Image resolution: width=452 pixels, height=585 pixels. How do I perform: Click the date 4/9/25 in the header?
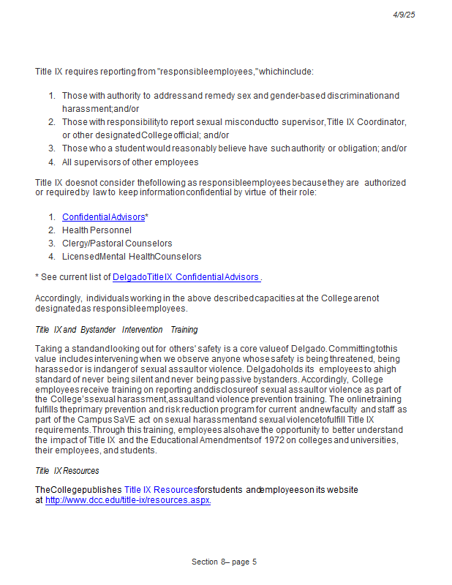(x=404, y=15)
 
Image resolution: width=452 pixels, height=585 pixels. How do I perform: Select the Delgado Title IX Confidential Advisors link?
(x=187, y=277)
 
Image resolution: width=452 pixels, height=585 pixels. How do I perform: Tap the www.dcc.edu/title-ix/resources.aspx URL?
(x=128, y=500)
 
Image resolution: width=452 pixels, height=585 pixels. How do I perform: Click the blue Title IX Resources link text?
(x=160, y=490)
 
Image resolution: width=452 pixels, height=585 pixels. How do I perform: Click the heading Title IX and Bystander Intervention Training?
(x=116, y=330)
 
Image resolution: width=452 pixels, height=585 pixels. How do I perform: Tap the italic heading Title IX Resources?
(x=67, y=470)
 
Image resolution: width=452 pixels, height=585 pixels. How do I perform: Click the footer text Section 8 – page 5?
(x=224, y=562)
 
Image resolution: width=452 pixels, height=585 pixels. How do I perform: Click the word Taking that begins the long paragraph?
(x=48, y=348)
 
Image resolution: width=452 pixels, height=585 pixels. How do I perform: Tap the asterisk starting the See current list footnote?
(x=37, y=278)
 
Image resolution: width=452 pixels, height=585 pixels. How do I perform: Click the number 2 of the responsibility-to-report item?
(x=51, y=122)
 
